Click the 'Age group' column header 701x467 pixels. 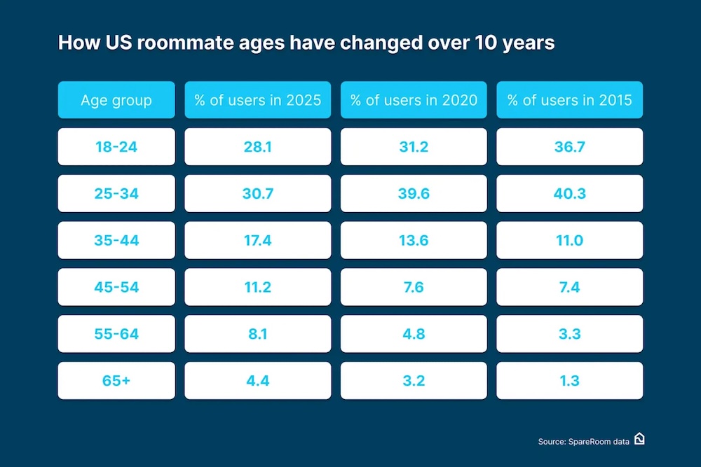[116, 99]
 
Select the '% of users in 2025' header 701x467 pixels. [258, 99]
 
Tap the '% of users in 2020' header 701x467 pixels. [414, 99]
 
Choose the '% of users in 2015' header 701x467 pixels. [569, 99]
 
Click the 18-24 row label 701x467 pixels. [116, 146]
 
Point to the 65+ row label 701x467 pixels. [116, 381]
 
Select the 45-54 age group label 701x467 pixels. [116, 287]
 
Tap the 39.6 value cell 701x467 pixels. [414, 193]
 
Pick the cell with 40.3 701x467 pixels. [569, 193]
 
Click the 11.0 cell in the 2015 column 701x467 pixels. [569, 240]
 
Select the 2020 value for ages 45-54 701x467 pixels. [414, 287]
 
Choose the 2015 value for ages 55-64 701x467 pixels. [569, 334]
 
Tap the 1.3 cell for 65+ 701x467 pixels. [569, 381]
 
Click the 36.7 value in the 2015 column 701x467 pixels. [569, 146]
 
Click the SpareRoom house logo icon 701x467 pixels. [639, 439]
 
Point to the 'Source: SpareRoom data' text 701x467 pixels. [583, 441]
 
